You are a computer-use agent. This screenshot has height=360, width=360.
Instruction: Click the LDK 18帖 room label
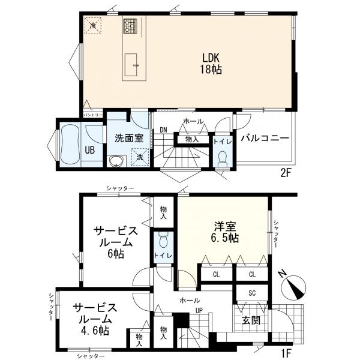click(x=211, y=64)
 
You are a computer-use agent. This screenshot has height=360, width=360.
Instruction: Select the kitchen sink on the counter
click(x=133, y=65)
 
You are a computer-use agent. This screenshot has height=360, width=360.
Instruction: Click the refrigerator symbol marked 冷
click(x=92, y=26)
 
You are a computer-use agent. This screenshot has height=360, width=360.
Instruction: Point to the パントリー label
click(x=92, y=115)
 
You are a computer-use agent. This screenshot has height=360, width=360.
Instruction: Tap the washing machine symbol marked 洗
click(x=139, y=157)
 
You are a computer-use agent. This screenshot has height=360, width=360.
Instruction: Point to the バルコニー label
click(x=265, y=138)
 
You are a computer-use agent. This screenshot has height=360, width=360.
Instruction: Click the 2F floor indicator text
click(x=286, y=172)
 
